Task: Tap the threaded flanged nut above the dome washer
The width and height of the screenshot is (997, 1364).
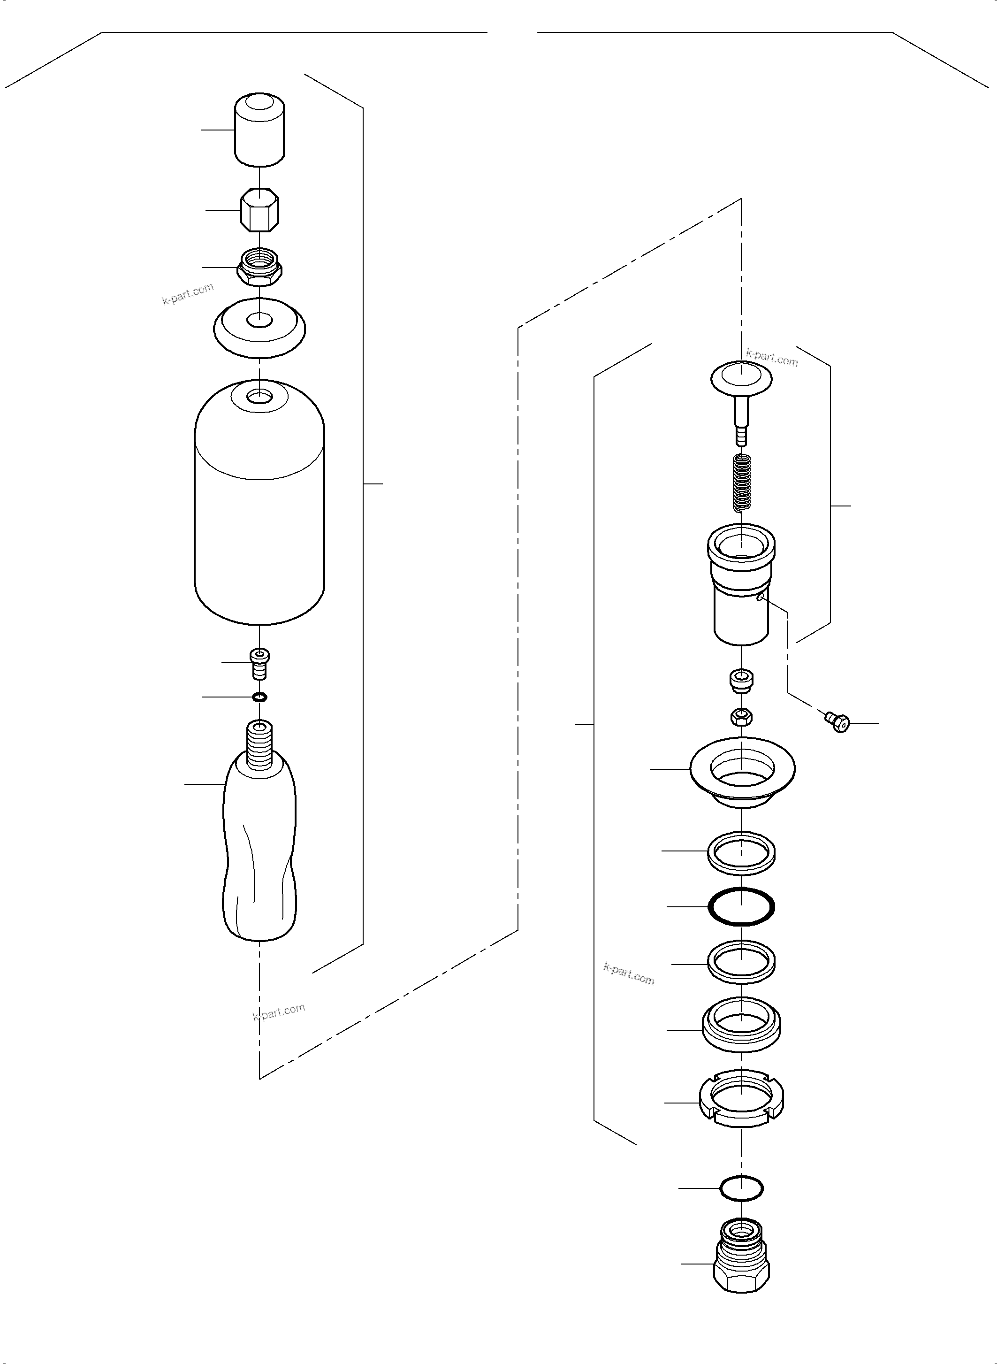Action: [259, 268]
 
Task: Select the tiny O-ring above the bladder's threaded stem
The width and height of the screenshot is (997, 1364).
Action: [259, 697]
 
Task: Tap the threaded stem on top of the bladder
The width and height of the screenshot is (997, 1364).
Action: [259, 746]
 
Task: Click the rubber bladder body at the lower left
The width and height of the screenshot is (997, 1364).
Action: [259, 858]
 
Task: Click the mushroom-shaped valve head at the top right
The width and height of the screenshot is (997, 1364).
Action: [741, 377]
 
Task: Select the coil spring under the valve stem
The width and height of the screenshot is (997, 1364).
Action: [741, 483]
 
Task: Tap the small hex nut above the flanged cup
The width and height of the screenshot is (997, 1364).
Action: [741, 717]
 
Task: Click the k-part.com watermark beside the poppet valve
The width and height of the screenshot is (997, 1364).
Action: [772, 358]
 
